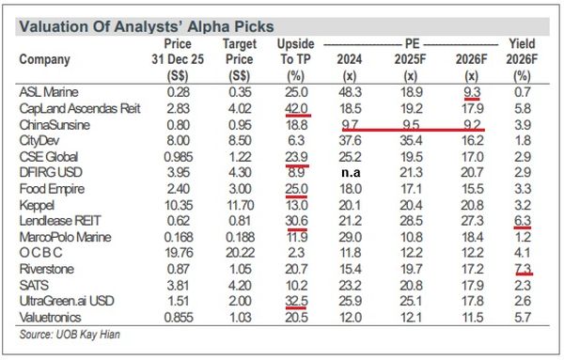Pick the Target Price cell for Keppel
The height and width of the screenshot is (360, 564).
click(239, 204)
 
